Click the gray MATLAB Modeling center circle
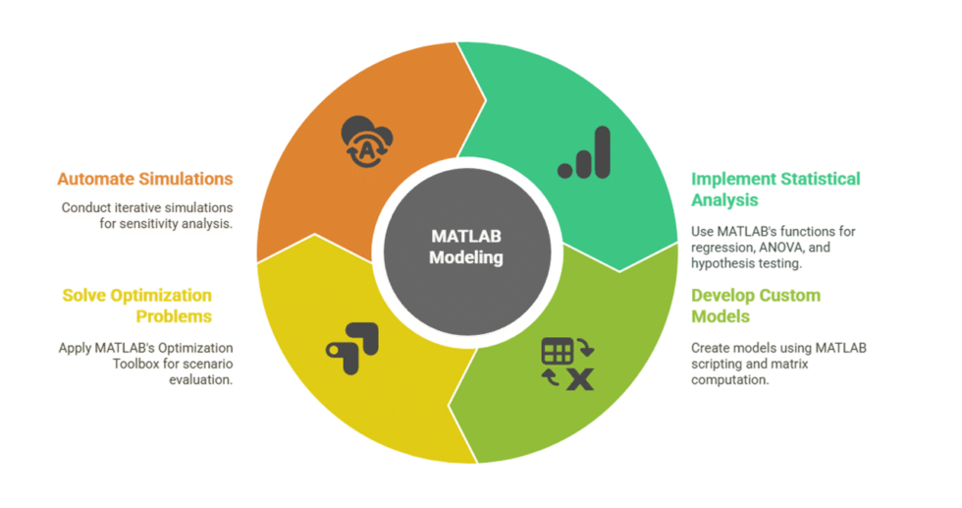click(467, 252)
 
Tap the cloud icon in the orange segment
click(367, 141)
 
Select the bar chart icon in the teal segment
click(584, 152)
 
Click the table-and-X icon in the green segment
click(567, 364)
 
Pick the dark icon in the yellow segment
click(352, 348)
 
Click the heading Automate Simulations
click(145, 179)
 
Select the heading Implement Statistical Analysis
click(775, 190)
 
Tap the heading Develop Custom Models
click(756, 306)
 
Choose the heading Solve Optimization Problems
click(136, 306)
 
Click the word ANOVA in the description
click(780, 247)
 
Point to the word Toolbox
click(136, 364)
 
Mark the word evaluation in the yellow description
click(200, 379)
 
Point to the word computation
click(729, 380)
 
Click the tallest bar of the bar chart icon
click(603, 152)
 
